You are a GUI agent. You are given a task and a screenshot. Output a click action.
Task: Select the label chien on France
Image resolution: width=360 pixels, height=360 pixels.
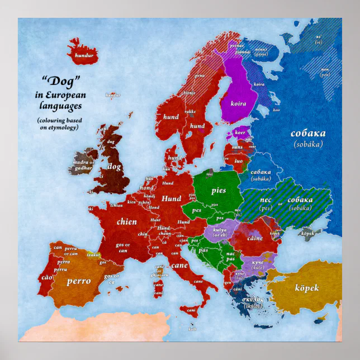(x=126, y=222)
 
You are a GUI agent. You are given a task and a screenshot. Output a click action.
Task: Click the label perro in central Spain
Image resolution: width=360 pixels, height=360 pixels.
(x=79, y=281)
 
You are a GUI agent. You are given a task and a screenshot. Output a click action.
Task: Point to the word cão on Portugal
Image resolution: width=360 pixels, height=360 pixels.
(x=46, y=277)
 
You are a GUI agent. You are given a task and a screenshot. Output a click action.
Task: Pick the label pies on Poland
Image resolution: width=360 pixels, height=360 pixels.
(x=219, y=191)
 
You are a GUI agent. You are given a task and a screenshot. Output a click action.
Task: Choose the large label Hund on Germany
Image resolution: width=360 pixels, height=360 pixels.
(x=172, y=198)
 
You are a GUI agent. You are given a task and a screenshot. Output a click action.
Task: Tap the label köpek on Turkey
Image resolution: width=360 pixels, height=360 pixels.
(x=307, y=288)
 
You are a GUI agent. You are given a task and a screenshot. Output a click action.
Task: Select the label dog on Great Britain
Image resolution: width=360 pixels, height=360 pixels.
(x=114, y=167)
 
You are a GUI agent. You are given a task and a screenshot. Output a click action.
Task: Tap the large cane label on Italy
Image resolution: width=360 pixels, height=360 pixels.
(x=179, y=266)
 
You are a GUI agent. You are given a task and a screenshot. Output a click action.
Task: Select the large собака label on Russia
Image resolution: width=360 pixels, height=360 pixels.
(x=308, y=134)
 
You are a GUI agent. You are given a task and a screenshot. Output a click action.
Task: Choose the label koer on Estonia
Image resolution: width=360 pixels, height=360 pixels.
(x=240, y=133)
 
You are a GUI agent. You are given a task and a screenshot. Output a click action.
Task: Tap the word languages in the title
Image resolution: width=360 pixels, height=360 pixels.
(x=59, y=105)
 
